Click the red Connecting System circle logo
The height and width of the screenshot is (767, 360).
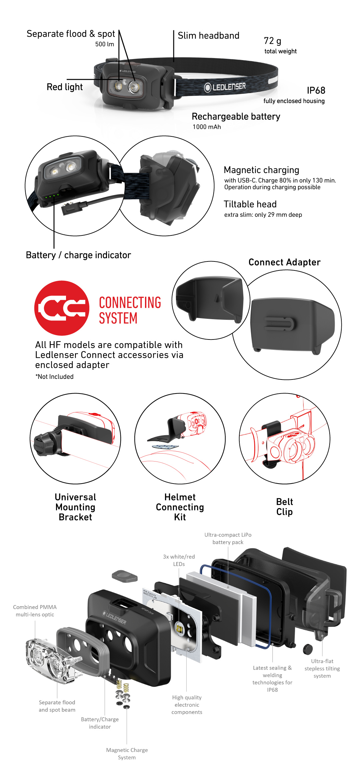62,308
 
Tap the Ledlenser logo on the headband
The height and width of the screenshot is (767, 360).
225,87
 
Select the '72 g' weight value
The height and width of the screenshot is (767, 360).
272,41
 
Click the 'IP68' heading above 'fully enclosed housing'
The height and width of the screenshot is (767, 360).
316,90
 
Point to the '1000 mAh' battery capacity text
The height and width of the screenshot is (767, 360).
207,127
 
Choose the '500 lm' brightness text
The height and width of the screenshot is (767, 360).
104,44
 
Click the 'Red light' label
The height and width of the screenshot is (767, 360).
65,87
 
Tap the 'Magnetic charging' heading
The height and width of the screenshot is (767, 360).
261,170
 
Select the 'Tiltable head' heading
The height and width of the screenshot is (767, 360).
250,204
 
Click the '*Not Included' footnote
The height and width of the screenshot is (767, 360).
55,376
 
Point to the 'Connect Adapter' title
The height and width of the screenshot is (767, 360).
284,262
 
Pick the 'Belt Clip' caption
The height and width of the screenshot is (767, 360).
284,507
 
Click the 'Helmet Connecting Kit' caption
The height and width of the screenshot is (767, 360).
180,507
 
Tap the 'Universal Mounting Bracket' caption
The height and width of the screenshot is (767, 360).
75,507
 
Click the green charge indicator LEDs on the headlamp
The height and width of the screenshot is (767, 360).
52,196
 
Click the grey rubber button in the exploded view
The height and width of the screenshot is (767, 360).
125,576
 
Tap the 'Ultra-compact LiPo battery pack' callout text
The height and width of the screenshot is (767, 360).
228,538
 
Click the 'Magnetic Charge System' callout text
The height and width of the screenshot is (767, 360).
127,753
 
